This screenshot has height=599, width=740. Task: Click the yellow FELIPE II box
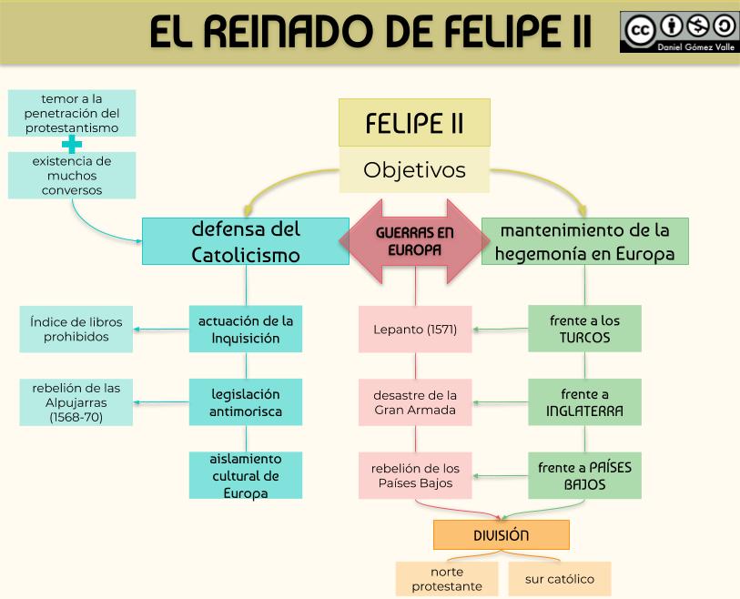click(414, 123)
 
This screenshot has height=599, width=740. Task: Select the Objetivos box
click(414, 170)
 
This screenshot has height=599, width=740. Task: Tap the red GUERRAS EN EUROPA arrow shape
click(414, 241)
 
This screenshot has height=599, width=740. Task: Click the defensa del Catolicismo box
click(245, 241)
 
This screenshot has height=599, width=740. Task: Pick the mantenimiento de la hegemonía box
click(584, 241)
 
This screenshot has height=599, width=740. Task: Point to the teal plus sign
click(71, 144)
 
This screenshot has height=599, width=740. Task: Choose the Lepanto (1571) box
click(415, 329)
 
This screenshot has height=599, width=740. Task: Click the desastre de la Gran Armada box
click(415, 401)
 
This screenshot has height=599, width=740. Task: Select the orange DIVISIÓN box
click(501, 534)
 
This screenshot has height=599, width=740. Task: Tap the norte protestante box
click(447, 579)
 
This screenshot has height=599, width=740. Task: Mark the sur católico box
click(559, 579)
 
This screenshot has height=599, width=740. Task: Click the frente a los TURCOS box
click(584, 329)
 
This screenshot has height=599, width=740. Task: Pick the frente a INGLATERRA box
click(584, 401)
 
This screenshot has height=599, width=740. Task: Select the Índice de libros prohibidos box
click(76, 329)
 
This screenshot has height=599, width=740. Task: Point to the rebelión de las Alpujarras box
click(76, 401)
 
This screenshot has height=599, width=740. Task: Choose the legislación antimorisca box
click(245, 401)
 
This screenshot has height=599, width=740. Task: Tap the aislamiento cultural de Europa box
click(245, 475)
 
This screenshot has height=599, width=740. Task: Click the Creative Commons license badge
click(679, 31)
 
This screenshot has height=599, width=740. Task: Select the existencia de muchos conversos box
click(72, 175)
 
